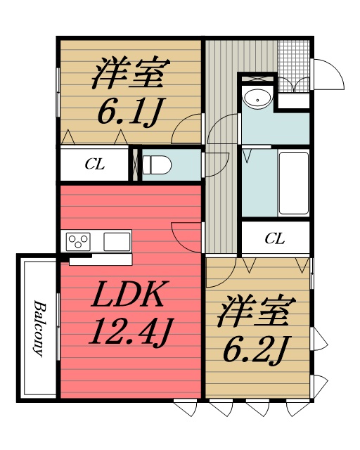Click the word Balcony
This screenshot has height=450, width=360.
tap(39, 328)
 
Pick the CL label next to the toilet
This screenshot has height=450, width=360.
tap(94, 165)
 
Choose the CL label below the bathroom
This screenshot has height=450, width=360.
tap(275, 239)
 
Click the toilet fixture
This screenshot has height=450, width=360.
tap(156, 165)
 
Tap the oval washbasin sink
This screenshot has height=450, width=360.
tap(258, 100)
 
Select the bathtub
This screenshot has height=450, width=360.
tap(294, 183)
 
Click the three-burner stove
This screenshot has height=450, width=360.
tap(78, 242)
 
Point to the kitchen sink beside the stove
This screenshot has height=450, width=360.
tap(117, 242)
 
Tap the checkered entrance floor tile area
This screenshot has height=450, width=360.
tap(293, 57)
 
